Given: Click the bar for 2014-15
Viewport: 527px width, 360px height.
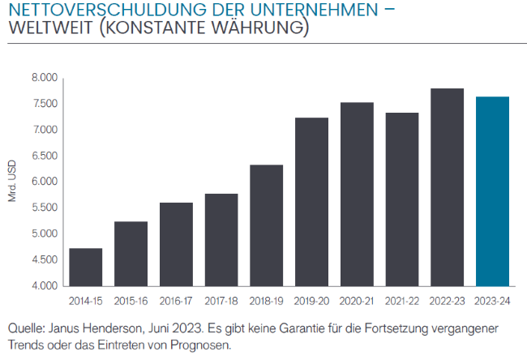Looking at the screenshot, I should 85,267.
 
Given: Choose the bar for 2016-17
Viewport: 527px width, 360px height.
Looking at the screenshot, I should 176,244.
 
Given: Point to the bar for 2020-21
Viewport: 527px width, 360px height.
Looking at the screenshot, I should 357,194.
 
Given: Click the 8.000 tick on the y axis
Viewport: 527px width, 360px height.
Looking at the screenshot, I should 45,78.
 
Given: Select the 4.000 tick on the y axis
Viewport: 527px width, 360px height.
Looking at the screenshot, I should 45,286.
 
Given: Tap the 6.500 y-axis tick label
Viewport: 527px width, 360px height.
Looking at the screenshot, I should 45,156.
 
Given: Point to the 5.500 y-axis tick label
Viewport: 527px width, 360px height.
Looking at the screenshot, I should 45,208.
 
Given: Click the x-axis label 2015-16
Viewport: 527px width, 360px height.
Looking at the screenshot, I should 131,300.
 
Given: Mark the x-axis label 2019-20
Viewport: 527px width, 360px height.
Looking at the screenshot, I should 311,300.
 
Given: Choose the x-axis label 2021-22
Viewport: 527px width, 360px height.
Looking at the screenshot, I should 401,300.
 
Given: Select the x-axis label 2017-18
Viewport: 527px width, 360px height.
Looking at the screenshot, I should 221,300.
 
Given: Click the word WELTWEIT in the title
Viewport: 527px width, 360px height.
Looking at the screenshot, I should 48,30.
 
